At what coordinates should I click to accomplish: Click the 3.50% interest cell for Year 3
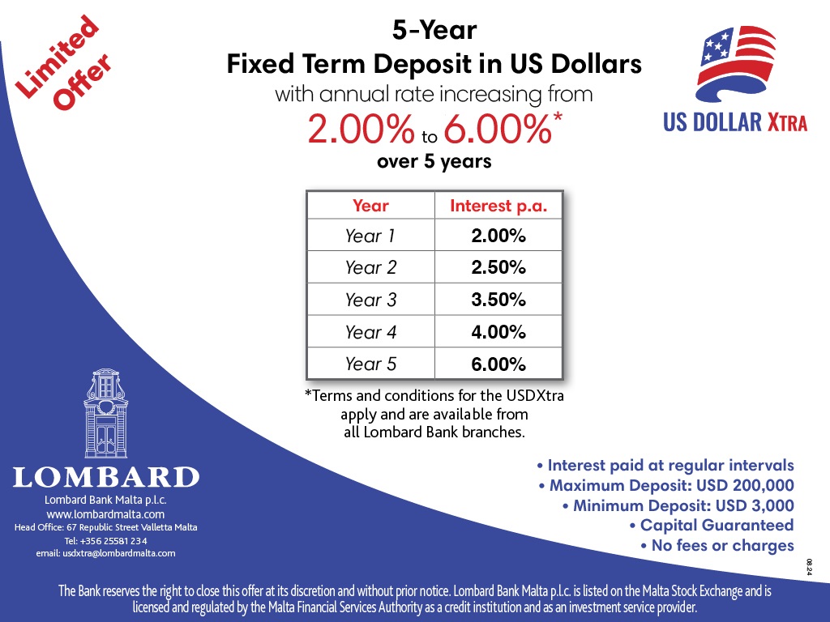[498, 300]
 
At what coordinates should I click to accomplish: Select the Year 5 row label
[370, 364]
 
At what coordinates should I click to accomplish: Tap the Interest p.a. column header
[498, 206]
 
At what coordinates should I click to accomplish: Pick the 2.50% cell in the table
[498, 267]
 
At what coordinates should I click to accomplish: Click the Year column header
[370, 205]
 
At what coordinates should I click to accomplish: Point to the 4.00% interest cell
[498, 332]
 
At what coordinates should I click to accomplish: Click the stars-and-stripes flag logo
[736, 64]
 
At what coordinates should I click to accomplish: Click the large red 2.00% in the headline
[361, 129]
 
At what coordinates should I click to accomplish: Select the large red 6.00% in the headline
[498, 129]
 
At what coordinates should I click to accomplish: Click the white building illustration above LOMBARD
[106, 413]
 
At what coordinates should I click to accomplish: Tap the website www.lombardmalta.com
[105, 514]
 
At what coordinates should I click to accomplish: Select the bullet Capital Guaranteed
[712, 525]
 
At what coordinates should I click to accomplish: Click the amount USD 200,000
[746, 485]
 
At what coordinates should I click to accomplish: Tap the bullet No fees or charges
[717, 545]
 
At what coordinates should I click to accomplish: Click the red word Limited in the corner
[57, 57]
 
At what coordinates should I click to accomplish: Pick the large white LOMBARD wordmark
[106, 477]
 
